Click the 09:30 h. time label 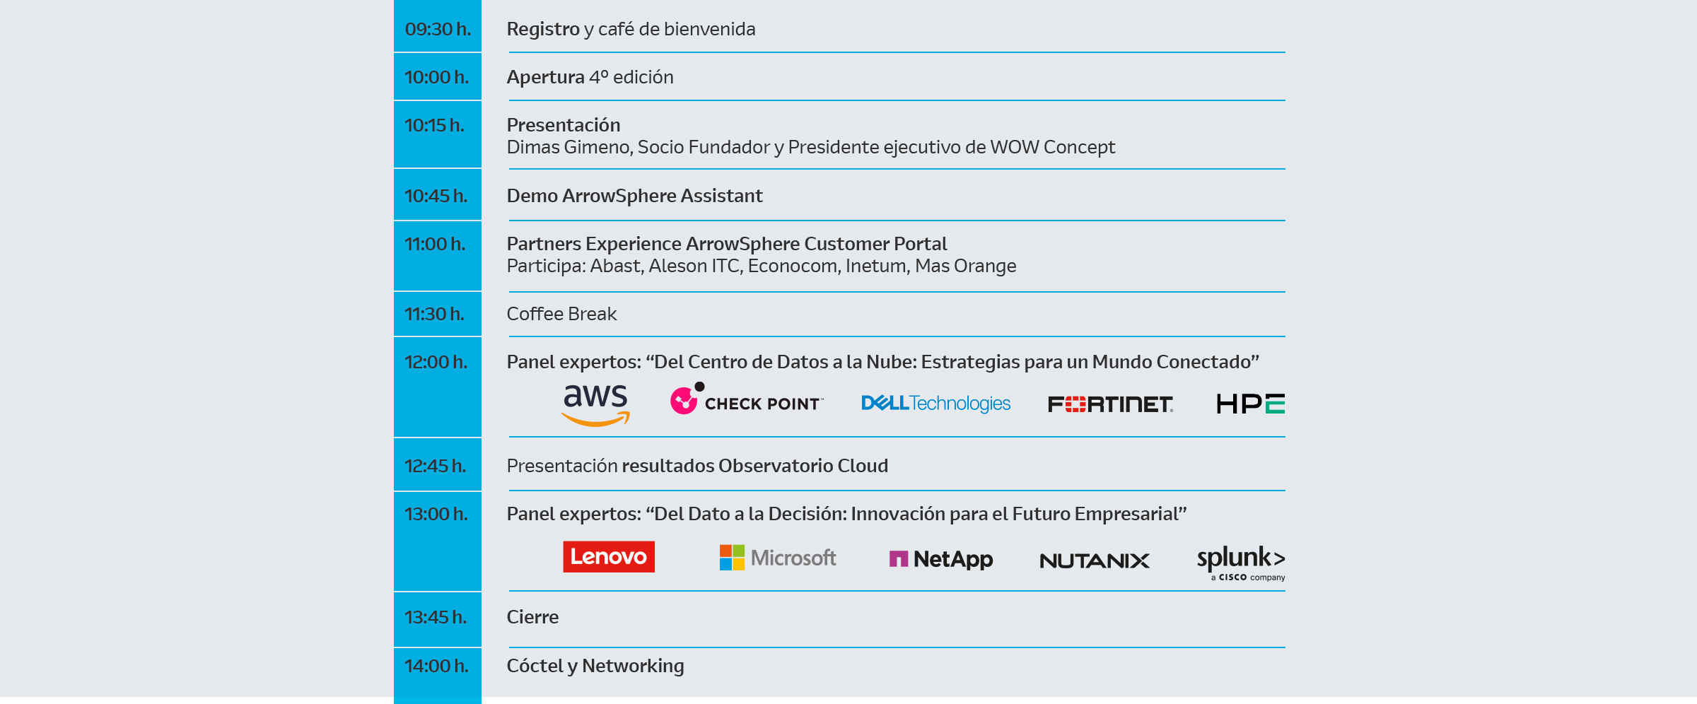[437, 29]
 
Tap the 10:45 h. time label [436, 196]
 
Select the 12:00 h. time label [436, 362]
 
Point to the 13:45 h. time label [436, 617]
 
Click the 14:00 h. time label [436, 666]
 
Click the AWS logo [595, 404]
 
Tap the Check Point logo [746, 401]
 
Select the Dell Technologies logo [935, 404]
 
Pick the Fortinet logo [1110, 404]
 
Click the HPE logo [1250, 404]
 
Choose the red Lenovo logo [609, 557]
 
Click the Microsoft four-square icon [732, 558]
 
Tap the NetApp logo [940, 559]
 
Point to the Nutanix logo [1095, 561]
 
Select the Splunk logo [1241, 561]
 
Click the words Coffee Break [561, 314]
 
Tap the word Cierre [532, 617]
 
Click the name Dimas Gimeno [570, 147]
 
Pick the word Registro [543, 29]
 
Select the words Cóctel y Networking [595, 666]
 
